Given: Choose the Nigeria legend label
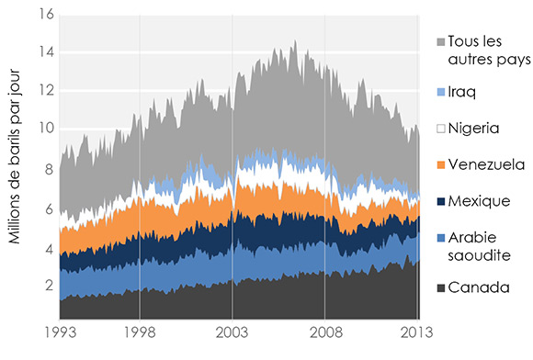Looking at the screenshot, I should [x=472, y=125].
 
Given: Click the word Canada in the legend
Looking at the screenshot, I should [x=478, y=287].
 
